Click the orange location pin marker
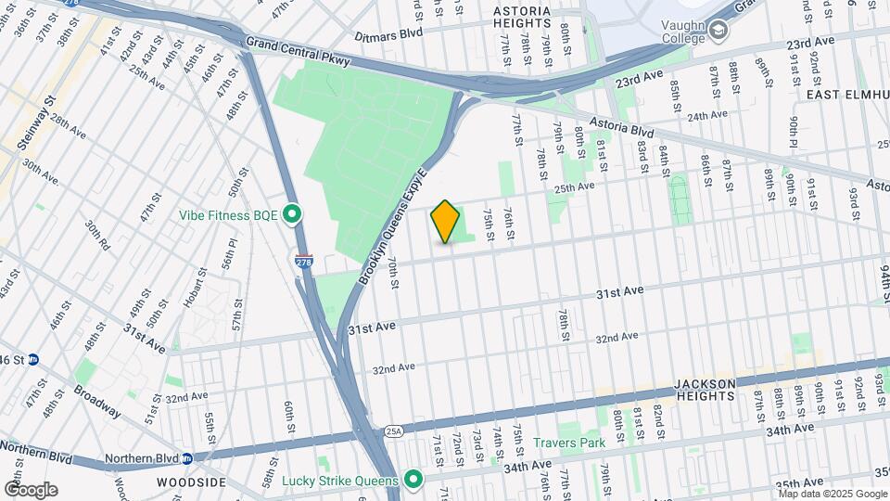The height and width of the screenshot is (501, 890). click(445, 222)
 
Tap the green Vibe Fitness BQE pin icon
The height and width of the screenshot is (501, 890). click(293, 215)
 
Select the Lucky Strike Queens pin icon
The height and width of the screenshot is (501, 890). click(413, 480)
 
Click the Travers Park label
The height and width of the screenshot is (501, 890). click(570, 443)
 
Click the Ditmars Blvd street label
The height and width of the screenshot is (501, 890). click(388, 34)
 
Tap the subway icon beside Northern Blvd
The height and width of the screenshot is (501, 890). click(186, 458)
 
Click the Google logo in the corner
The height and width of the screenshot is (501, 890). click(31, 489)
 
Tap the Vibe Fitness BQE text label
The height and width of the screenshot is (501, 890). click(228, 215)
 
